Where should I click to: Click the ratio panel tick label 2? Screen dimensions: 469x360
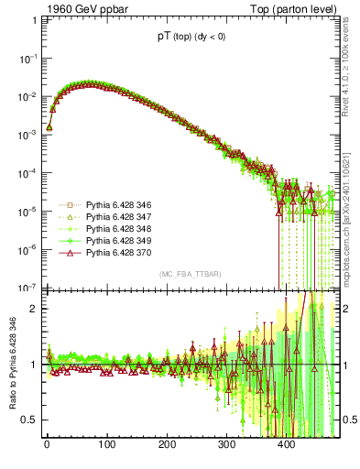(33, 308)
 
